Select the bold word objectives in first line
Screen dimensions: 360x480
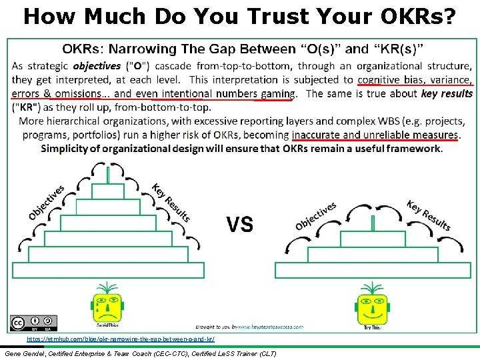point(97,66)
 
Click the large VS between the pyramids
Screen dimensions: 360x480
point(239,225)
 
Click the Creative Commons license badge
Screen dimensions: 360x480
point(33,322)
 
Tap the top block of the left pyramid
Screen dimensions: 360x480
point(108,191)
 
